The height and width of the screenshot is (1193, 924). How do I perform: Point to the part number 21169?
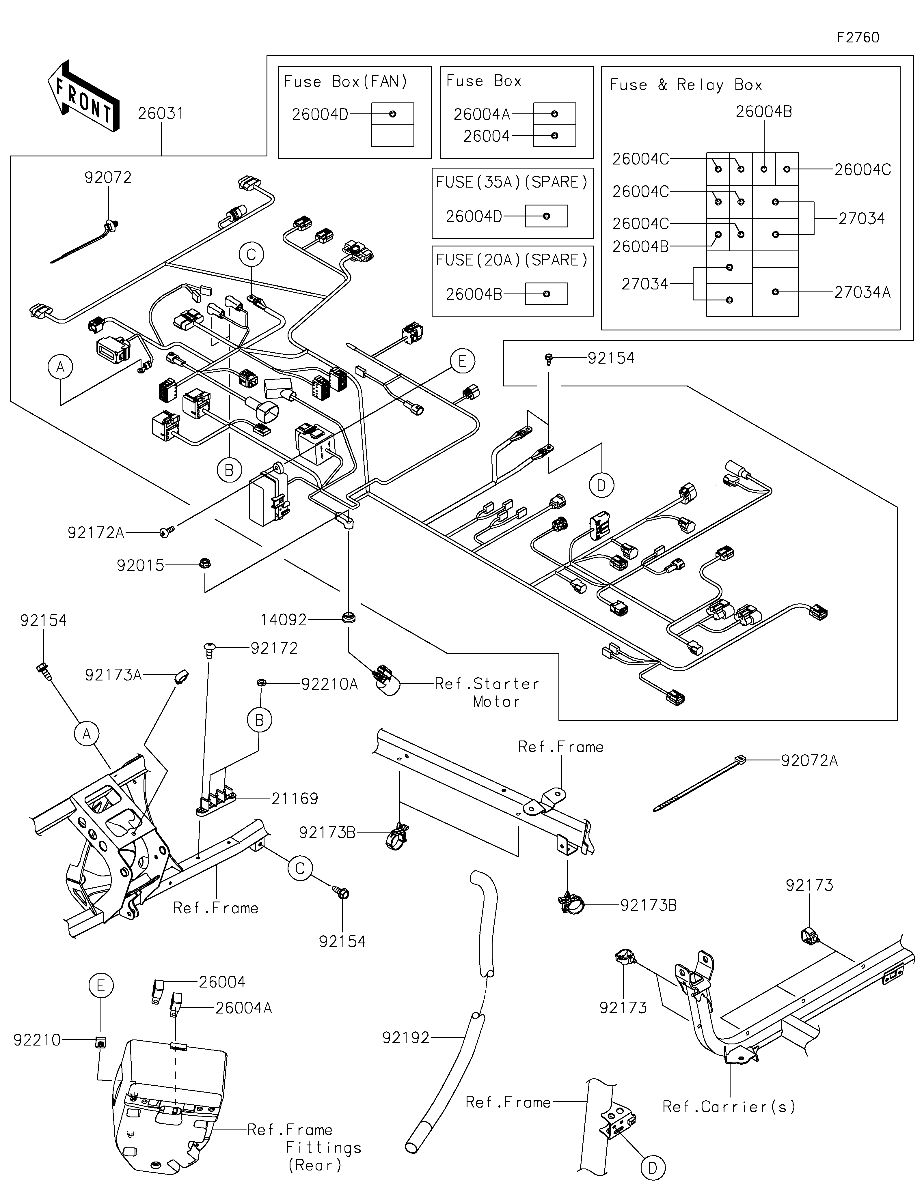click(x=295, y=799)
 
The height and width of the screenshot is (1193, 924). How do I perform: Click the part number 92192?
click(x=406, y=1037)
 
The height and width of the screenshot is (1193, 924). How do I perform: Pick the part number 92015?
click(x=140, y=565)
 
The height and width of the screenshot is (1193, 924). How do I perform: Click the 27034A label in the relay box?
click(x=862, y=292)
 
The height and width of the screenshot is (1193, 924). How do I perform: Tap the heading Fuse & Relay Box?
click(x=686, y=85)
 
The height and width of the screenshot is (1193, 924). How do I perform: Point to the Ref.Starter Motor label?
click(x=486, y=692)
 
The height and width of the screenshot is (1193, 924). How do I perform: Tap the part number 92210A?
click(x=329, y=684)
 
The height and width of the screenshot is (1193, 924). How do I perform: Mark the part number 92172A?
click(x=96, y=533)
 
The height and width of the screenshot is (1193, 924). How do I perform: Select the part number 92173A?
click(x=113, y=675)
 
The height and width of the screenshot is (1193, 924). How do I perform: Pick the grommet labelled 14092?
click(x=348, y=618)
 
